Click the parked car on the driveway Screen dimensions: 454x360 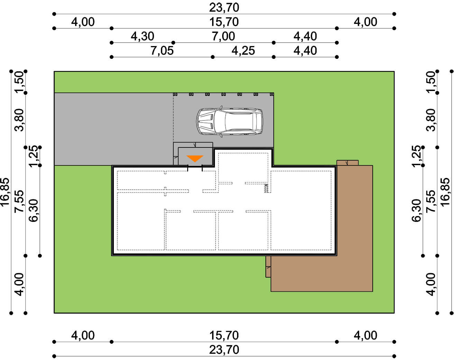coord(229,121)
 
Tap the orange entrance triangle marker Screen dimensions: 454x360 coord(195,159)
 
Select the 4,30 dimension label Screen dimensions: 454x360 coord(143,36)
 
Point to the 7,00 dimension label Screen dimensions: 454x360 coord(223,36)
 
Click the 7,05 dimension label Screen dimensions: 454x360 coord(162,51)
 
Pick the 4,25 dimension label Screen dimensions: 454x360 coord(243,51)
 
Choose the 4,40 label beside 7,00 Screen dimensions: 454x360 coord(305,36)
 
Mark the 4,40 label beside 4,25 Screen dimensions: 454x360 coord(305,51)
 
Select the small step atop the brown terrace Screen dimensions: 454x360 coord(347,163)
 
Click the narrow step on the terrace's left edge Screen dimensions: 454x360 coord(268,267)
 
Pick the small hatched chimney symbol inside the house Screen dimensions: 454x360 coord(266,188)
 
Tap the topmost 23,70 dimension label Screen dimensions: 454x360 coord(224,8)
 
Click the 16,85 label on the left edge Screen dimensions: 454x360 coord(5,192)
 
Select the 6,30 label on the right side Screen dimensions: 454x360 coord(416,210)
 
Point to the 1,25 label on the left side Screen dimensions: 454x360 coord(34,156)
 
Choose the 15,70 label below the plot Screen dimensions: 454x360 coord(224,335)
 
